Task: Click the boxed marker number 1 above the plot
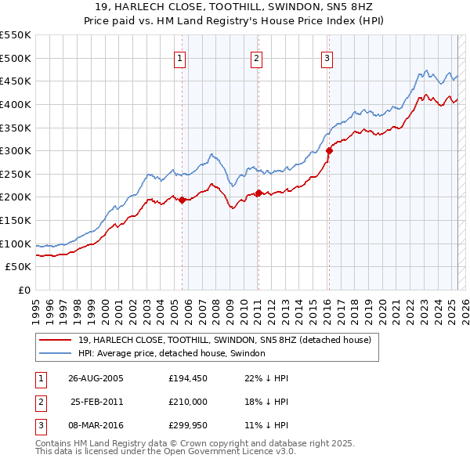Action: [180, 57]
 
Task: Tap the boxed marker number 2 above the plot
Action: [256, 57]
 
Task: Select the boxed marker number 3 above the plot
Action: [327, 57]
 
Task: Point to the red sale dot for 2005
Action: [182, 200]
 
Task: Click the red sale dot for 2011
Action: [258, 193]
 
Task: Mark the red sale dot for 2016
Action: [328, 151]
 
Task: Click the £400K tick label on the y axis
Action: [16, 104]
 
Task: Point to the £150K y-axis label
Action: [16, 220]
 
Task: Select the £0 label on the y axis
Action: [23, 290]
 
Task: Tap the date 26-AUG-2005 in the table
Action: [96, 377]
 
